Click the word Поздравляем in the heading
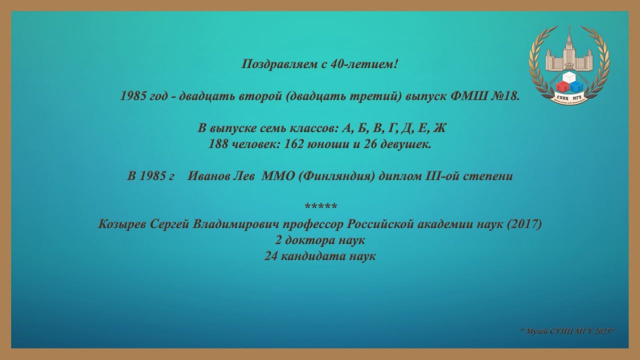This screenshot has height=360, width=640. tap(279, 64)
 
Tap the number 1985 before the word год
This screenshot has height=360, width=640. tap(133, 96)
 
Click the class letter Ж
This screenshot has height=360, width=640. tap(439, 128)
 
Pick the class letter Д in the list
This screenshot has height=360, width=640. tap(405, 128)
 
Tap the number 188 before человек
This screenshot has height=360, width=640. tap(218, 144)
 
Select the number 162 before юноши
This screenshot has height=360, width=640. tap(293, 144)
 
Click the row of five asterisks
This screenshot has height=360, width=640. tap(320, 205)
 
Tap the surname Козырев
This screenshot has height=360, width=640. tap(122, 224)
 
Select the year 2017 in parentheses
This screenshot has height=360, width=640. tap(524, 224)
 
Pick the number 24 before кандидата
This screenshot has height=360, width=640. tap(270, 256)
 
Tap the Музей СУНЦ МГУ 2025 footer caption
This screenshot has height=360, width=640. tap(567, 331)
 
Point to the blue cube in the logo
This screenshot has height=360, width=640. tap(575, 87)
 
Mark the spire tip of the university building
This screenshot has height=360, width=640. tap(569, 26)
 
